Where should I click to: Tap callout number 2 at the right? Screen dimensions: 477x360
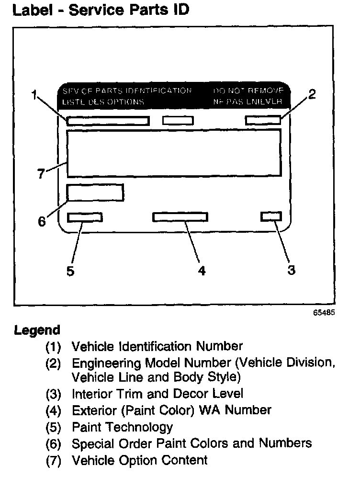click(312, 94)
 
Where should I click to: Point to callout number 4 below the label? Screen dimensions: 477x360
click(202, 271)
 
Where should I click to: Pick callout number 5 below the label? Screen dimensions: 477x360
click(70, 271)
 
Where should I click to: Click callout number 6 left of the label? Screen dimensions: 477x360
click(42, 222)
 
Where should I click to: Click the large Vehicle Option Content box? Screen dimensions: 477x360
click(173, 154)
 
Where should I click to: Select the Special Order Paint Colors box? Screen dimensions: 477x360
click(95, 192)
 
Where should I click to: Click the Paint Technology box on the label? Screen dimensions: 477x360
click(85, 217)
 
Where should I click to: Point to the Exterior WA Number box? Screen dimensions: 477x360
click(180, 217)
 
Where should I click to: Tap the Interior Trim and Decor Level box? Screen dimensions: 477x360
click(271, 216)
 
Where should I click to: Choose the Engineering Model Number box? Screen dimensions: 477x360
click(262, 120)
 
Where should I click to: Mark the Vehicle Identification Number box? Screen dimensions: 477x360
click(108, 121)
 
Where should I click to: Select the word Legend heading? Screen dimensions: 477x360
click(37, 330)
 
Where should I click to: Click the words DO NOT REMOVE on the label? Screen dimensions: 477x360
click(248, 91)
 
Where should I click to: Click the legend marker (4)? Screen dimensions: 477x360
click(53, 410)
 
